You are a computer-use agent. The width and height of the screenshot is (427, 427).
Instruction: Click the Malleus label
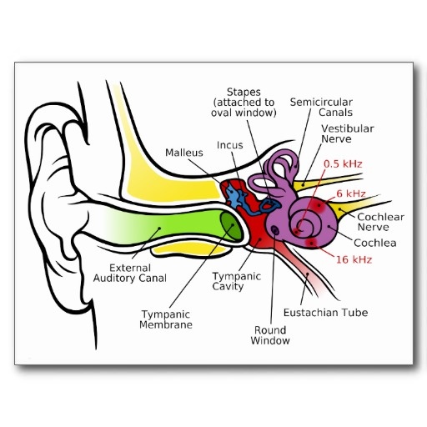pos(184,153)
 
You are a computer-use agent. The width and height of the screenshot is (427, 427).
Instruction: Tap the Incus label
pos(230,145)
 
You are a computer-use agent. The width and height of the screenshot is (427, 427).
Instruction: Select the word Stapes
pos(244,93)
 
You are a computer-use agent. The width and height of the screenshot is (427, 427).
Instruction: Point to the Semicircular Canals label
pos(321,108)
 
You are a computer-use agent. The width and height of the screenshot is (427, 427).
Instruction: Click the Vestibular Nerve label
pos(348,133)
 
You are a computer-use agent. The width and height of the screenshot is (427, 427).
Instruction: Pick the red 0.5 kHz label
pos(343,164)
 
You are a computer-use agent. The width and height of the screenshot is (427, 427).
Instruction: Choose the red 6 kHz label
pos(351,193)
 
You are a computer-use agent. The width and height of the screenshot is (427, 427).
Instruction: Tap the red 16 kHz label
pos(354,259)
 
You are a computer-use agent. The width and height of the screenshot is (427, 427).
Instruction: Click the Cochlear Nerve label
pos(380,222)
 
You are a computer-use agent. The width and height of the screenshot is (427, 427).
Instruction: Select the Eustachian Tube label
pos(326,313)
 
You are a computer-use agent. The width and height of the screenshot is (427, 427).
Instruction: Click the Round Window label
pos(270,335)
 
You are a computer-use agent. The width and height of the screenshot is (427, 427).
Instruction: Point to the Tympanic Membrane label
pos(166,319)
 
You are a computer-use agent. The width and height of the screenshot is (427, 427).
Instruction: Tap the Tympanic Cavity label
pos(237,281)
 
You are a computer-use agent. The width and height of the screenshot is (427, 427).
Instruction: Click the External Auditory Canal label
pos(130,273)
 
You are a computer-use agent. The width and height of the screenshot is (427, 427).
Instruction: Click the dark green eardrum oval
pos(231,225)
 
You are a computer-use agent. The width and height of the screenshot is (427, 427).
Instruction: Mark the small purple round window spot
pos(274,229)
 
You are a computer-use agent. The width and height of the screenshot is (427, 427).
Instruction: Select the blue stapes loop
pos(269,205)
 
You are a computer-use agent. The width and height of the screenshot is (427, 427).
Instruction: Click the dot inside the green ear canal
pos(159,229)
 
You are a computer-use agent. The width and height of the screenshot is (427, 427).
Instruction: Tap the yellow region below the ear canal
pos(192,249)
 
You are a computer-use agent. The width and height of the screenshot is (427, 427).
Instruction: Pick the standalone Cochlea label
pos(375,243)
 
